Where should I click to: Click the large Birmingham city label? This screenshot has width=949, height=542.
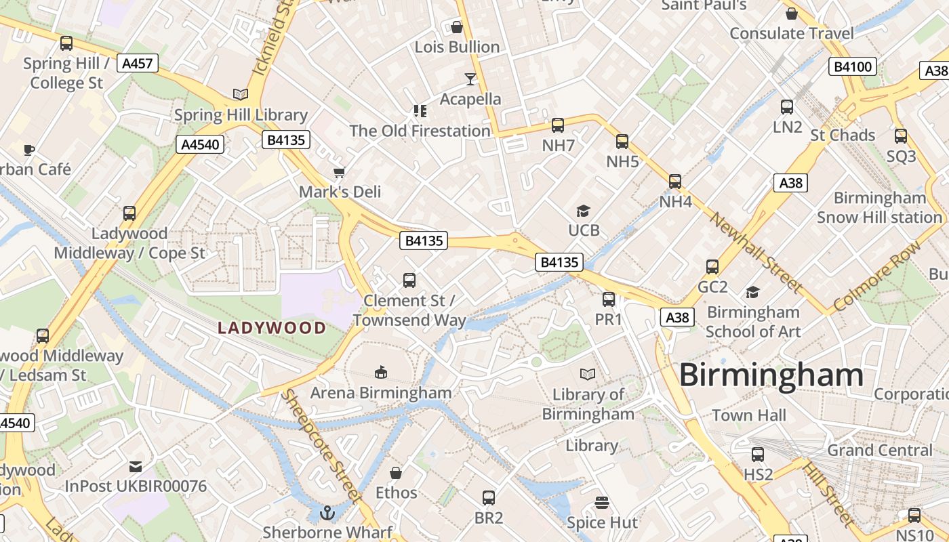tap(771, 375)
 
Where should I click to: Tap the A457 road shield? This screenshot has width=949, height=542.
tap(138, 64)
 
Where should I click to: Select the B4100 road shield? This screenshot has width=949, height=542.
tap(852, 66)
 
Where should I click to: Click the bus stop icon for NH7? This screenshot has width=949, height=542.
tap(558, 125)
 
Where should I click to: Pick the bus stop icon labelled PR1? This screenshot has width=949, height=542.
tap(609, 299)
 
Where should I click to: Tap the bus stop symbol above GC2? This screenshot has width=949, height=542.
tap(712, 267)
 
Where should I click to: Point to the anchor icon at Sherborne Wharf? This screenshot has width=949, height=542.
tap(327, 513)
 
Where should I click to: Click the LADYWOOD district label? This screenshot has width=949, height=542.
tap(272, 329)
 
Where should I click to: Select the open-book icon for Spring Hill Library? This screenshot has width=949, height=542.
tap(240, 94)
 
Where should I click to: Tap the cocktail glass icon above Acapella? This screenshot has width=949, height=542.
tap(470, 79)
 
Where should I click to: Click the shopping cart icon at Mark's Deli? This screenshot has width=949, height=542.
tap(340, 172)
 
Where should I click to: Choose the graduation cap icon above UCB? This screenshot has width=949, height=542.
tap(583, 211)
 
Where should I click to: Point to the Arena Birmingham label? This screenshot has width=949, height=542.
tap(381, 393)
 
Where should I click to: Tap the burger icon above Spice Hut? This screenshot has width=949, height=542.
tap(602, 503)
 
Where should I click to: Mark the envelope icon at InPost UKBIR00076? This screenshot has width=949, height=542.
tap(136, 466)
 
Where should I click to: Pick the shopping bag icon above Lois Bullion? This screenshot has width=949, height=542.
tap(457, 27)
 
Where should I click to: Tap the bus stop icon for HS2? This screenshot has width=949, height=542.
tap(758, 455)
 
